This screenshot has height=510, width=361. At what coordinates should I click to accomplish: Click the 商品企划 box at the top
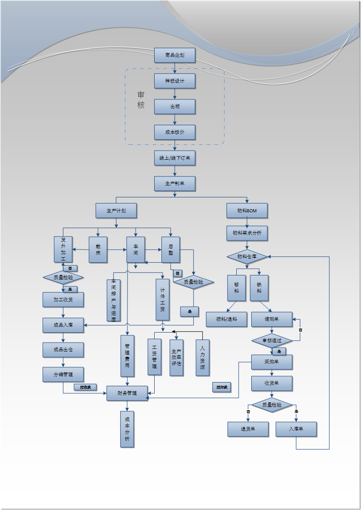175,55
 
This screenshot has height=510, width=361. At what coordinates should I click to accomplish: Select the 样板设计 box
175,81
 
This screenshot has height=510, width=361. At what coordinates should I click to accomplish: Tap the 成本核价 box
175,132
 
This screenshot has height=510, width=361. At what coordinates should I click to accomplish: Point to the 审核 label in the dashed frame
141,100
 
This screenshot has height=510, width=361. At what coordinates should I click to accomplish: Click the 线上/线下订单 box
175,158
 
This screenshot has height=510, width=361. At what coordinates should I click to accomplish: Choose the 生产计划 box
116,211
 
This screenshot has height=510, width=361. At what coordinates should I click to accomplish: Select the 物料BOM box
247,211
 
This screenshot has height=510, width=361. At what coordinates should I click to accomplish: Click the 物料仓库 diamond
247,257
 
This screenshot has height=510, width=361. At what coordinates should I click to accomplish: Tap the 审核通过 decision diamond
272,340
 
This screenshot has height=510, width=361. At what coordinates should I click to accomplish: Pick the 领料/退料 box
226,319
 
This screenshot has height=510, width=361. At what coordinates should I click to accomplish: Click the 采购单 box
272,362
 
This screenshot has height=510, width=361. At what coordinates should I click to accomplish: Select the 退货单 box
248,429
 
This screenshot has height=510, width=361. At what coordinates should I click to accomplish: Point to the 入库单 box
296,429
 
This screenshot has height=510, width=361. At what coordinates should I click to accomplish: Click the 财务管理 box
127,393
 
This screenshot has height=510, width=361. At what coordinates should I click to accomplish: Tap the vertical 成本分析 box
127,429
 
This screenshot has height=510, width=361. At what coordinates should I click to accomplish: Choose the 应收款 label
85,387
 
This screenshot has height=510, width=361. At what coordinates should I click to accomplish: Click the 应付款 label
222,387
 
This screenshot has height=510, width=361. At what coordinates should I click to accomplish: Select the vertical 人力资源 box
202,358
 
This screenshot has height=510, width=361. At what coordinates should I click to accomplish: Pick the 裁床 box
98,250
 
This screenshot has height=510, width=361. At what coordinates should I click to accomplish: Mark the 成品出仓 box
63,350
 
